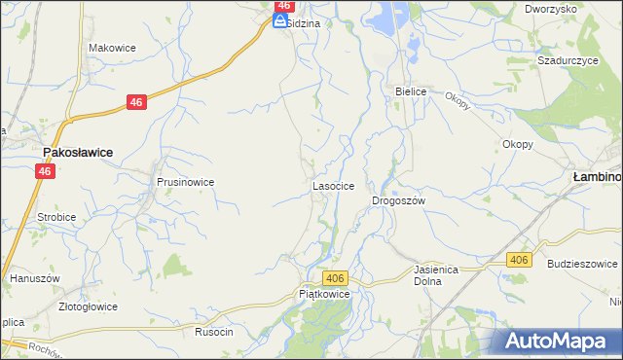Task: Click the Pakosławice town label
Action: (x=77, y=153)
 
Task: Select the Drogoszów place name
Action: (x=399, y=200)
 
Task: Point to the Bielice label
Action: (x=411, y=91)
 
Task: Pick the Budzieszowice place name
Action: (x=583, y=264)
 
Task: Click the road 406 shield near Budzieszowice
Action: (x=519, y=259)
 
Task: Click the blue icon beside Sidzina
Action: (x=279, y=21)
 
